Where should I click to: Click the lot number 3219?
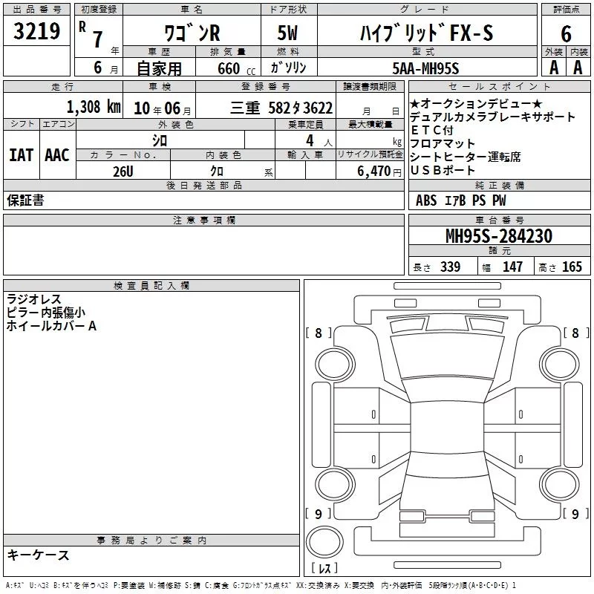point(36,31)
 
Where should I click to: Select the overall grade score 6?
point(566,34)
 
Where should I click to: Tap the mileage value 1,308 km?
point(94,107)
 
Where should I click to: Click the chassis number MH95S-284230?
point(499,236)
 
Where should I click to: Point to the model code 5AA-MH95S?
point(425,68)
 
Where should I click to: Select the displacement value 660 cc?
point(236,69)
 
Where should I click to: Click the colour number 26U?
point(123,172)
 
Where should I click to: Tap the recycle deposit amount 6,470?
point(374,172)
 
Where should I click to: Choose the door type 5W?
point(287,33)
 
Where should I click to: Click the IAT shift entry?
point(22,155)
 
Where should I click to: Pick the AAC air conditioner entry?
point(57,155)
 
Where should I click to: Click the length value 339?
point(451,267)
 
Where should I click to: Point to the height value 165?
point(572,267)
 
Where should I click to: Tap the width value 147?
point(512,267)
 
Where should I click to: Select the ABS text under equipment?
point(426,200)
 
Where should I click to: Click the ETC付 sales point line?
point(432,131)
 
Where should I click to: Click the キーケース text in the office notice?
point(38,555)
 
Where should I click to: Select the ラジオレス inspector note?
point(33,299)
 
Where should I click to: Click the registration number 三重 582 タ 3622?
point(281,108)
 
